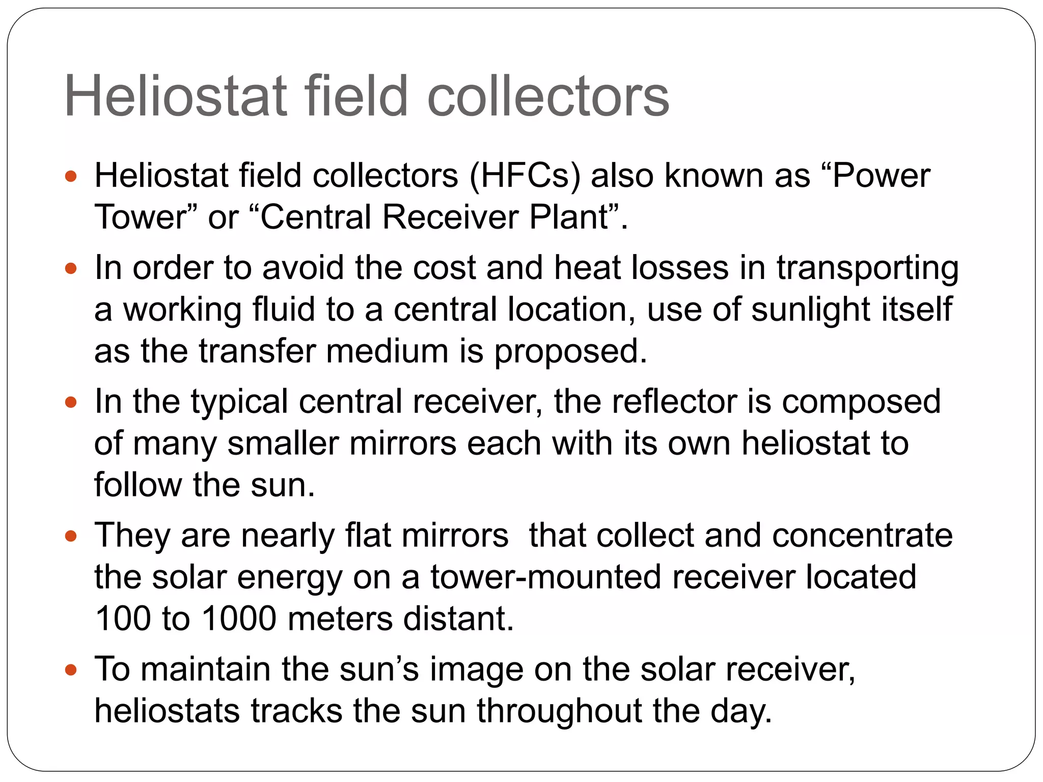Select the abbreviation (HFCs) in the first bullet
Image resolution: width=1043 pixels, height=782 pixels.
pos(525,176)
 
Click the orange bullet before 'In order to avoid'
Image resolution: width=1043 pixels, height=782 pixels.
pos(71,268)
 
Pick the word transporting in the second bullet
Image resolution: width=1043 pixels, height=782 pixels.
pos(867,268)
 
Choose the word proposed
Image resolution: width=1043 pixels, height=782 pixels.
pos(570,351)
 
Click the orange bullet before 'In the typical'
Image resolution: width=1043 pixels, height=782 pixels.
pos(71,403)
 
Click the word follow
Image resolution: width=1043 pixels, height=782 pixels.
pos(138,485)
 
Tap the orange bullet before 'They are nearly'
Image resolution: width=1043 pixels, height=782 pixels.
pos(71,536)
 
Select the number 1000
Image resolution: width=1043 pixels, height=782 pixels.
pos(239,619)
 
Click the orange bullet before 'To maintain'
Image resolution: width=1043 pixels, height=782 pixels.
pos(71,670)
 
